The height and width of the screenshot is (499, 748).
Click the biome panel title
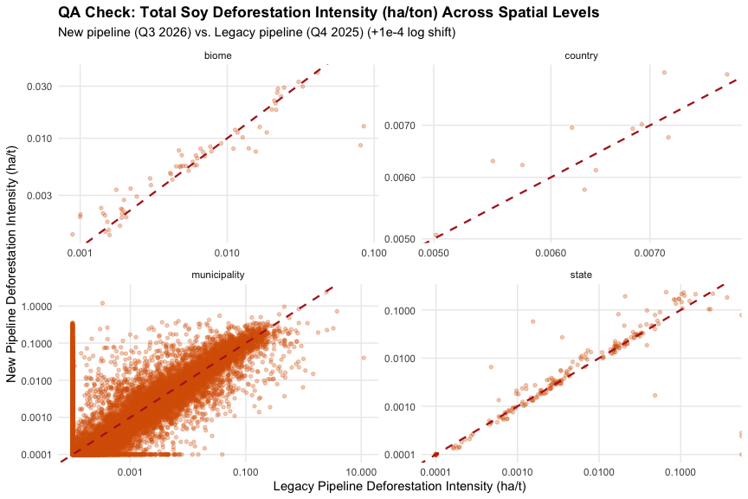218,55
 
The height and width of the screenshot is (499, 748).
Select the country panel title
581,55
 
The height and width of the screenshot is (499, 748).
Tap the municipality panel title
218,275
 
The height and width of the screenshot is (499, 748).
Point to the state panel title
581,275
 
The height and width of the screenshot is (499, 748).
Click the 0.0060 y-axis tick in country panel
400,178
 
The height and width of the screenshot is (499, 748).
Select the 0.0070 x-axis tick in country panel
649,253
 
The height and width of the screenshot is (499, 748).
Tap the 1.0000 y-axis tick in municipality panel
36,306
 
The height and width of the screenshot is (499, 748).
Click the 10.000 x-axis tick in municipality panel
361,473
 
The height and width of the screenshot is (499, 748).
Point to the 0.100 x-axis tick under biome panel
374,253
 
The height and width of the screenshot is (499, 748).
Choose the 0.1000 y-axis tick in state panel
400,311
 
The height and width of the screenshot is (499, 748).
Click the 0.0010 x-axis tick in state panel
518,473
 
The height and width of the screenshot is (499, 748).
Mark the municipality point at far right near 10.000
364,358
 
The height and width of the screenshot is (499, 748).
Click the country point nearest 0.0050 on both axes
435,235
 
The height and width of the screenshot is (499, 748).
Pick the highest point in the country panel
664,73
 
